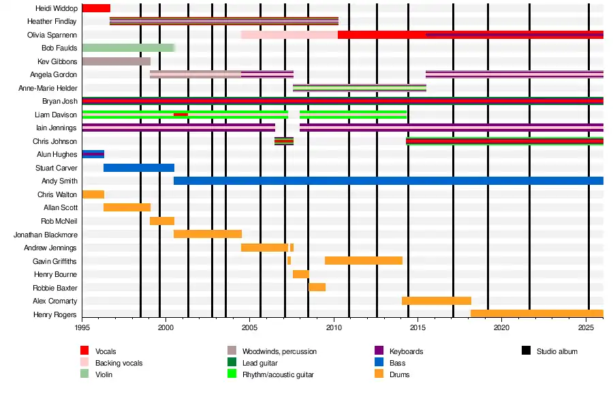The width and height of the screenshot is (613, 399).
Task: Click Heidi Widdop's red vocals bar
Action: click(x=96, y=8)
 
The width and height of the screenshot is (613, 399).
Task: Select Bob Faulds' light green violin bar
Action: click(x=128, y=48)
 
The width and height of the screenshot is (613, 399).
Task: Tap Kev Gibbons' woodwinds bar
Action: click(x=116, y=61)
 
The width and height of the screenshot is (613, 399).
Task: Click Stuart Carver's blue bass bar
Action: click(x=139, y=168)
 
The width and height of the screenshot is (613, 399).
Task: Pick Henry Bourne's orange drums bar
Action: click(x=300, y=274)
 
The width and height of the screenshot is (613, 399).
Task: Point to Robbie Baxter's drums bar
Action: click(x=317, y=287)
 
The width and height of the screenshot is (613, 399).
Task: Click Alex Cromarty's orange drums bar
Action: click(x=437, y=301)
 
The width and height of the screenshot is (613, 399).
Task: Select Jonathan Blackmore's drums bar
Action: click(x=208, y=234)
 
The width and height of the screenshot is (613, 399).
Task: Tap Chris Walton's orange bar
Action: click(x=93, y=194)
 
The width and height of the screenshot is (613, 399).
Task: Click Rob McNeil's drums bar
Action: click(x=162, y=221)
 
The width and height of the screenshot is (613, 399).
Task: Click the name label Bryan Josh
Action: click(x=59, y=101)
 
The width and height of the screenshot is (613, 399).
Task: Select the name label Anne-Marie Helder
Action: click(x=51, y=88)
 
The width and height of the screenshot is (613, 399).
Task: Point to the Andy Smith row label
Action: click(x=59, y=181)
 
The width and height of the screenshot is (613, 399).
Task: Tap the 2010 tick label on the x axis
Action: click(x=334, y=328)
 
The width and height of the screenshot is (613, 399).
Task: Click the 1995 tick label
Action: click(x=82, y=328)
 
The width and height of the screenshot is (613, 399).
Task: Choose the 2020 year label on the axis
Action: click(x=501, y=328)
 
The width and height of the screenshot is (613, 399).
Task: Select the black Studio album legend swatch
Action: click(x=526, y=351)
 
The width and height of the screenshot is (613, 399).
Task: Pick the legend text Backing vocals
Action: click(x=119, y=363)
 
